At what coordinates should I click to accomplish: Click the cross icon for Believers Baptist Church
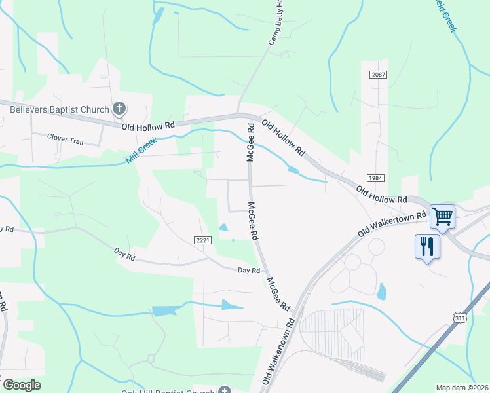click(119, 108)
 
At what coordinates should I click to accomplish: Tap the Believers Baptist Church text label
click(60, 109)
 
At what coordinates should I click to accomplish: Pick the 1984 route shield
click(375, 178)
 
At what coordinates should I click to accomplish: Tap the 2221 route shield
click(203, 240)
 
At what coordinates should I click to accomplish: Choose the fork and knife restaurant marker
click(426, 247)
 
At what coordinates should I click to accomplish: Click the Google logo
click(22, 385)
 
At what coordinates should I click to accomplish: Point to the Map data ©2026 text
click(462, 388)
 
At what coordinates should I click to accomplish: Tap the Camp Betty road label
click(276, 23)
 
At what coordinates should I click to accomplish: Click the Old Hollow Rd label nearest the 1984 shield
click(381, 195)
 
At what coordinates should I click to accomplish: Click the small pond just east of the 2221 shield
click(223, 228)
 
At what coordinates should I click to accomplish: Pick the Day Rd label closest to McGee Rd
click(249, 270)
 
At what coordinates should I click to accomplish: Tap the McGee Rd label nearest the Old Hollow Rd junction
click(250, 141)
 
